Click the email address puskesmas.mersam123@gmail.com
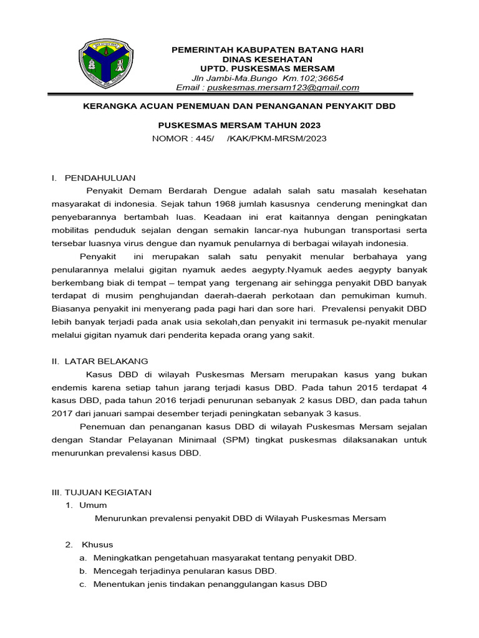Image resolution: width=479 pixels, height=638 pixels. pos(299,88)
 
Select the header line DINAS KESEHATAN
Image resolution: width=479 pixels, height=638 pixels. pos(267,59)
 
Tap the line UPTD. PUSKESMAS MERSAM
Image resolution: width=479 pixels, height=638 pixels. pos(267,69)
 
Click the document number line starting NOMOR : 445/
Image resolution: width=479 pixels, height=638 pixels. pos(239,138)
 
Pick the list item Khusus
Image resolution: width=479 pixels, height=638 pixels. pos(97,545)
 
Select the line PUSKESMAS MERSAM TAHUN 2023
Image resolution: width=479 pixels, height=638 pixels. pos(239,125)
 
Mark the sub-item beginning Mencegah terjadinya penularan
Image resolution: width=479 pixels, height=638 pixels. pos(185,571)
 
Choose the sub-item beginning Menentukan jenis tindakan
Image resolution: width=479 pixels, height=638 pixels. pos(210,584)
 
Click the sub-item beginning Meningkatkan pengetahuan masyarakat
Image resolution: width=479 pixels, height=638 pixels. pos(225,558)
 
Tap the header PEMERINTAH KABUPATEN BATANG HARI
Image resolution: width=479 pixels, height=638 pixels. pos(267,49)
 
